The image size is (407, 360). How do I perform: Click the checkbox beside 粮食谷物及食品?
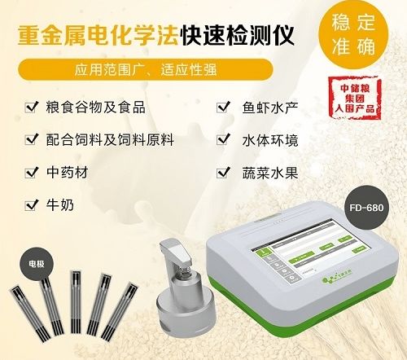coord(30,106)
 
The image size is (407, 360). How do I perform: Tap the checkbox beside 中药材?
coord(30,173)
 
